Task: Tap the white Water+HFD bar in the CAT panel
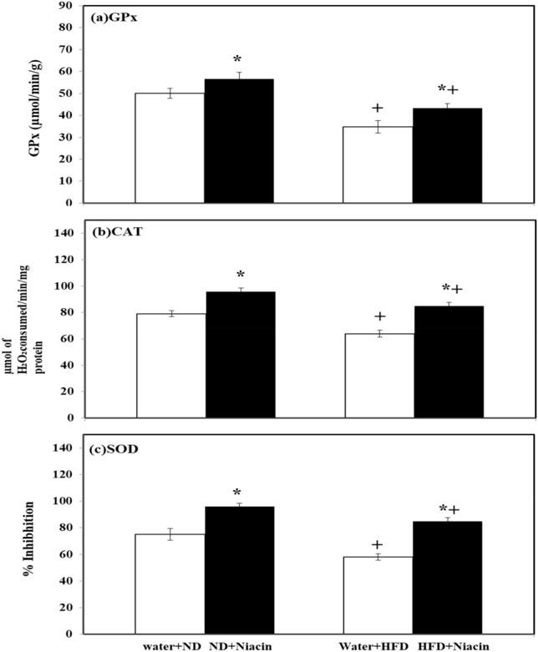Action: (379, 376)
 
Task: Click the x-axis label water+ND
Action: (171, 644)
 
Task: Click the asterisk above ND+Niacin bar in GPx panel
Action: (237, 59)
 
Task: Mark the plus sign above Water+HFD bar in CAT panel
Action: (379, 316)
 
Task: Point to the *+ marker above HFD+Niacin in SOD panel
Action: (449, 509)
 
